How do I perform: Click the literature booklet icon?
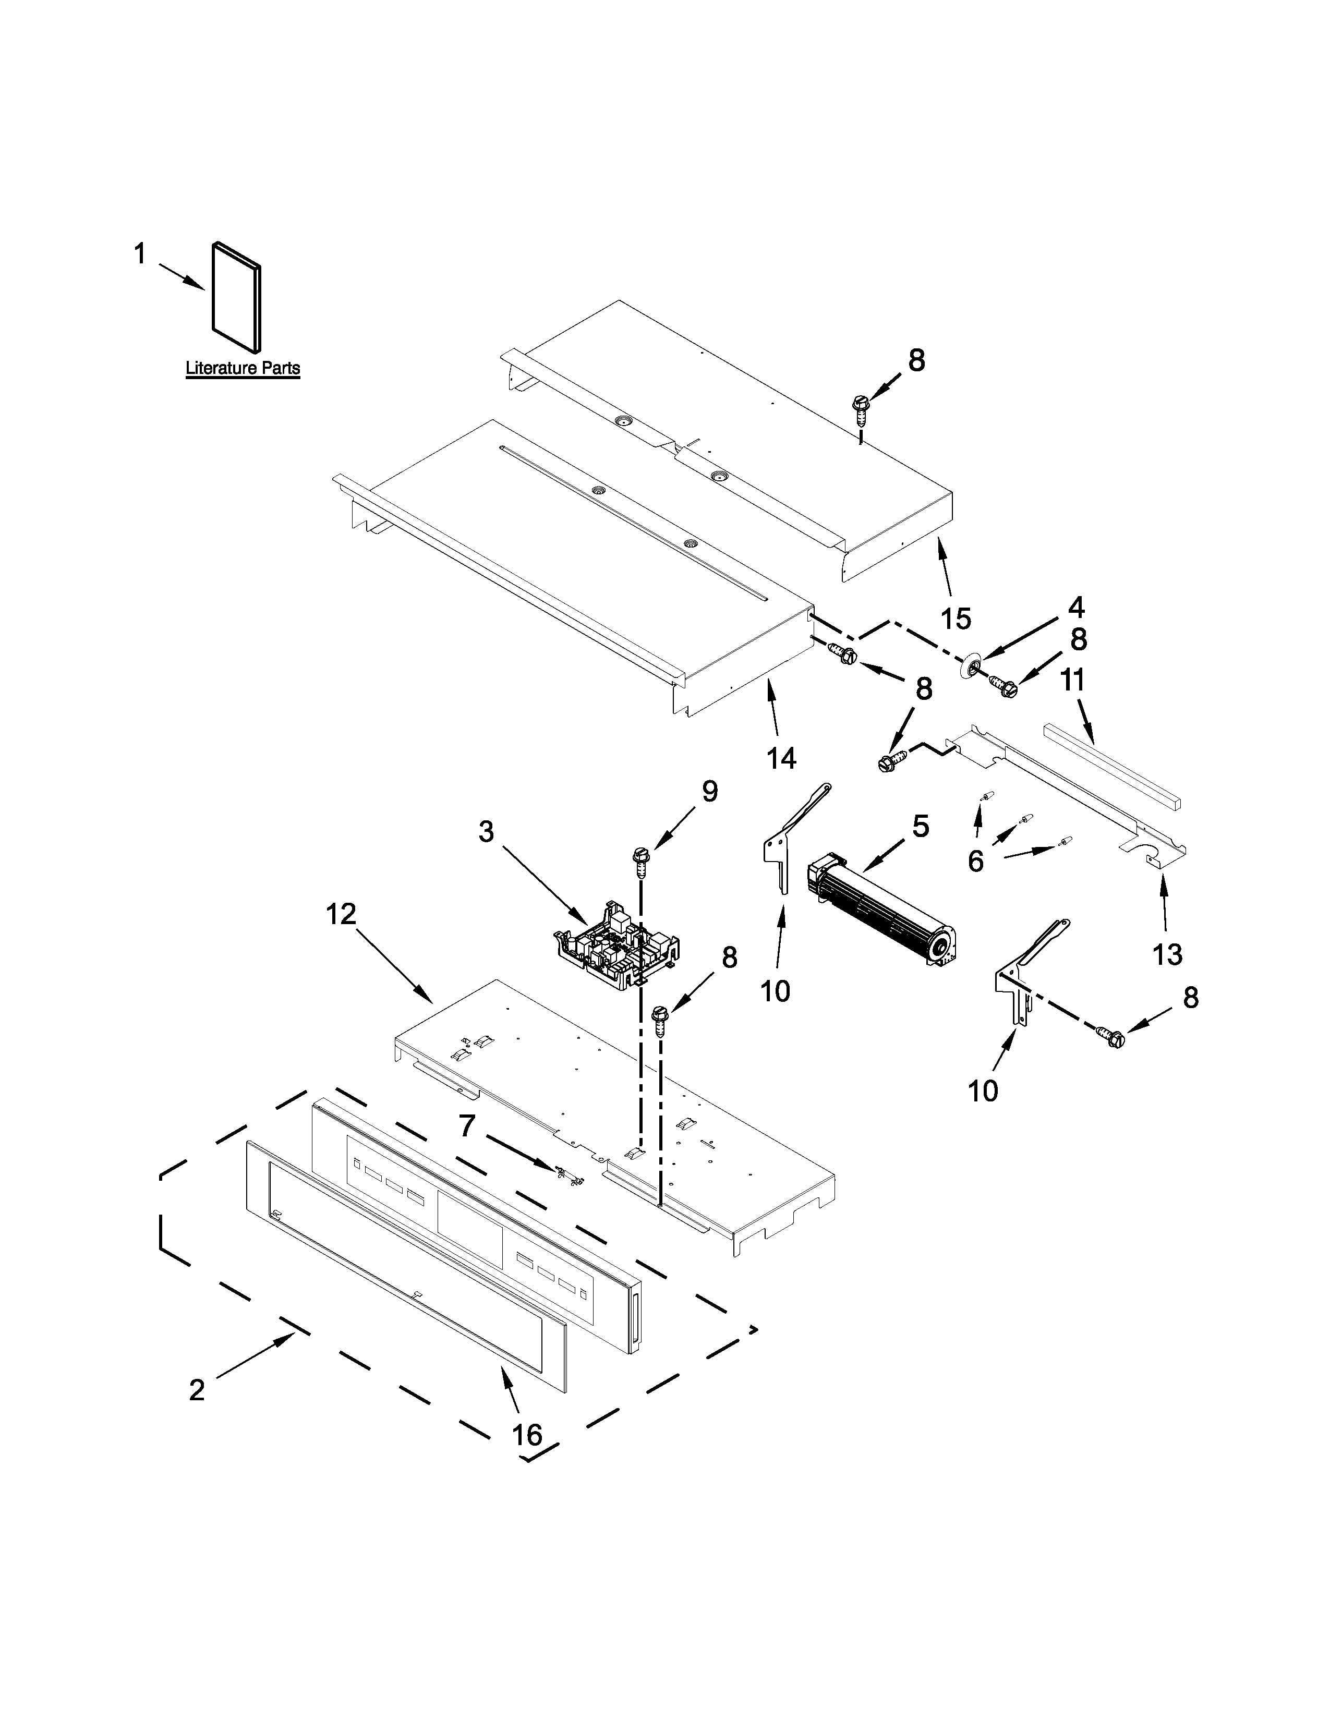(236, 296)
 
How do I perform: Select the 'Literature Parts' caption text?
(243, 368)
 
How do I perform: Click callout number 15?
(956, 619)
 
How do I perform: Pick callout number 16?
(527, 1435)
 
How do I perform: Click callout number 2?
(197, 1389)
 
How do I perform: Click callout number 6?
(975, 862)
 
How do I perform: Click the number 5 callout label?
(920, 826)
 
